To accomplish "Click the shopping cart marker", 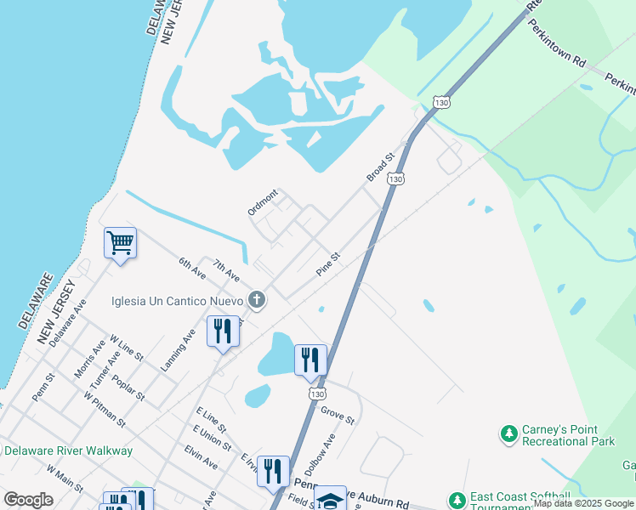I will coord(120,243).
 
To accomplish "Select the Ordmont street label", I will coord(263,202).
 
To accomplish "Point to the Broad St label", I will coord(381,167).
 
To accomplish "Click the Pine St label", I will coord(328,262).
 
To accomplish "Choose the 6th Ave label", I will coord(192,269).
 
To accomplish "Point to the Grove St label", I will coord(338,415).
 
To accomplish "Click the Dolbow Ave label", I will coord(320,450).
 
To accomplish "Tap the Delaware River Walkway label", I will coord(68,450).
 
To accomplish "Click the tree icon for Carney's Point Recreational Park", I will coord(509,434).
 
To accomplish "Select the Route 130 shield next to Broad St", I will coord(395,179).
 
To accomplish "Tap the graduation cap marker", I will coord(330,498).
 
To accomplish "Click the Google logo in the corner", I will coord(28,500).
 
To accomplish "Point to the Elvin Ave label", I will coord(201,459).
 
